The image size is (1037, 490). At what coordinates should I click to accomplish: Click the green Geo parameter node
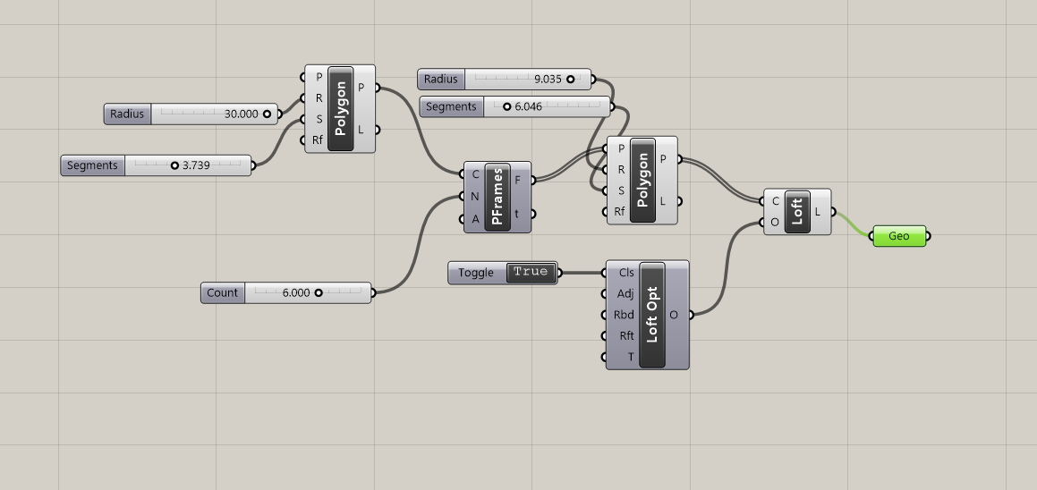tap(899, 236)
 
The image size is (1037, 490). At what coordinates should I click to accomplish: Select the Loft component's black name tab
tap(797, 212)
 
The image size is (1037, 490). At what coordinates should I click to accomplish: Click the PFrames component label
tap(497, 197)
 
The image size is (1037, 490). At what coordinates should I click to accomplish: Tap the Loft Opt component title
tap(652, 315)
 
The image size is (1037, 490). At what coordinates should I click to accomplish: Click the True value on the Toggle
tap(531, 273)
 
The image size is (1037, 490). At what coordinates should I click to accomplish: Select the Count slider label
tap(222, 293)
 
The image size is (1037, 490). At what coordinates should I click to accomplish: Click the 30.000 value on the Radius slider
tap(242, 114)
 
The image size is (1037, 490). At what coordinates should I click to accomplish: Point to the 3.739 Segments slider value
tap(196, 165)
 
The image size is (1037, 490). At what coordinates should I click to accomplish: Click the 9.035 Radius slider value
tap(548, 80)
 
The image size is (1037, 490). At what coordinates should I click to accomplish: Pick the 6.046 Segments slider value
tap(529, 106)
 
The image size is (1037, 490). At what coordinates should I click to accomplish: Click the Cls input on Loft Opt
tap(625, 273)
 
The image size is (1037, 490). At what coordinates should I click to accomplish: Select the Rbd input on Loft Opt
tap(624, 315)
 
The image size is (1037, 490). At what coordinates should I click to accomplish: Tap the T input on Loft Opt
tap(631, 357)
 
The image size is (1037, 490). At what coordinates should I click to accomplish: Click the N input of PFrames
tap(474, 197)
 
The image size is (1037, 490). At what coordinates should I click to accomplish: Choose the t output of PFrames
tap(516, 214)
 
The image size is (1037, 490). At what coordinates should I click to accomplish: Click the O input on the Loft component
tap(775, 222)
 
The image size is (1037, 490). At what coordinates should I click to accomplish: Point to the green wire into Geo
tap(854, 224)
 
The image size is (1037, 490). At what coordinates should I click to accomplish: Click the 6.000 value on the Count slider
tap(295, 293)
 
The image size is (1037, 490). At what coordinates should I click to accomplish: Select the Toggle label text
tap(475, 273)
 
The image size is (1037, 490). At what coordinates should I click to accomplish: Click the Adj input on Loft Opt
tap(625, 293)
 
